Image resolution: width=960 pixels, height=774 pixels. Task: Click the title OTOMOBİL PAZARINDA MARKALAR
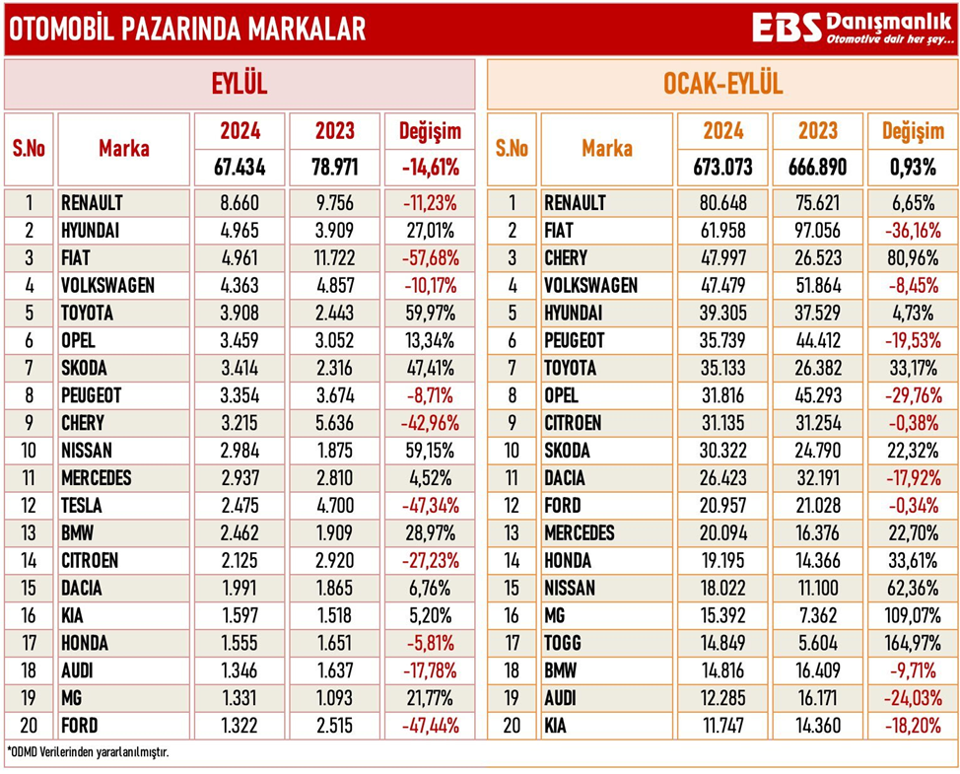tap(187, 30)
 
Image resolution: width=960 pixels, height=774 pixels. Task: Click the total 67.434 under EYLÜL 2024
tap(240, 167)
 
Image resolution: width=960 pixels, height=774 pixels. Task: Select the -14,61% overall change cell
tap(430, 167)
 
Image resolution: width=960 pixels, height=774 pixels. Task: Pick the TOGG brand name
tap(563, 643)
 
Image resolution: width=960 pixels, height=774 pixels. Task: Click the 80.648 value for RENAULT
tap(722, 203)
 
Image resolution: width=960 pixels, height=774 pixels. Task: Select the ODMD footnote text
tap(89, 752)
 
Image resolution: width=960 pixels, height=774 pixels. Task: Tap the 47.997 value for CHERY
tap(722, 258)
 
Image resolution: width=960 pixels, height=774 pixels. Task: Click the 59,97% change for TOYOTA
tap(430, 314)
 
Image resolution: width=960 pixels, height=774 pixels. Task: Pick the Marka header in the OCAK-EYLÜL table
tap(607, 149)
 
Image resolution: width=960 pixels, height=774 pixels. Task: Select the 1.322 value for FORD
tap(240, 726)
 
